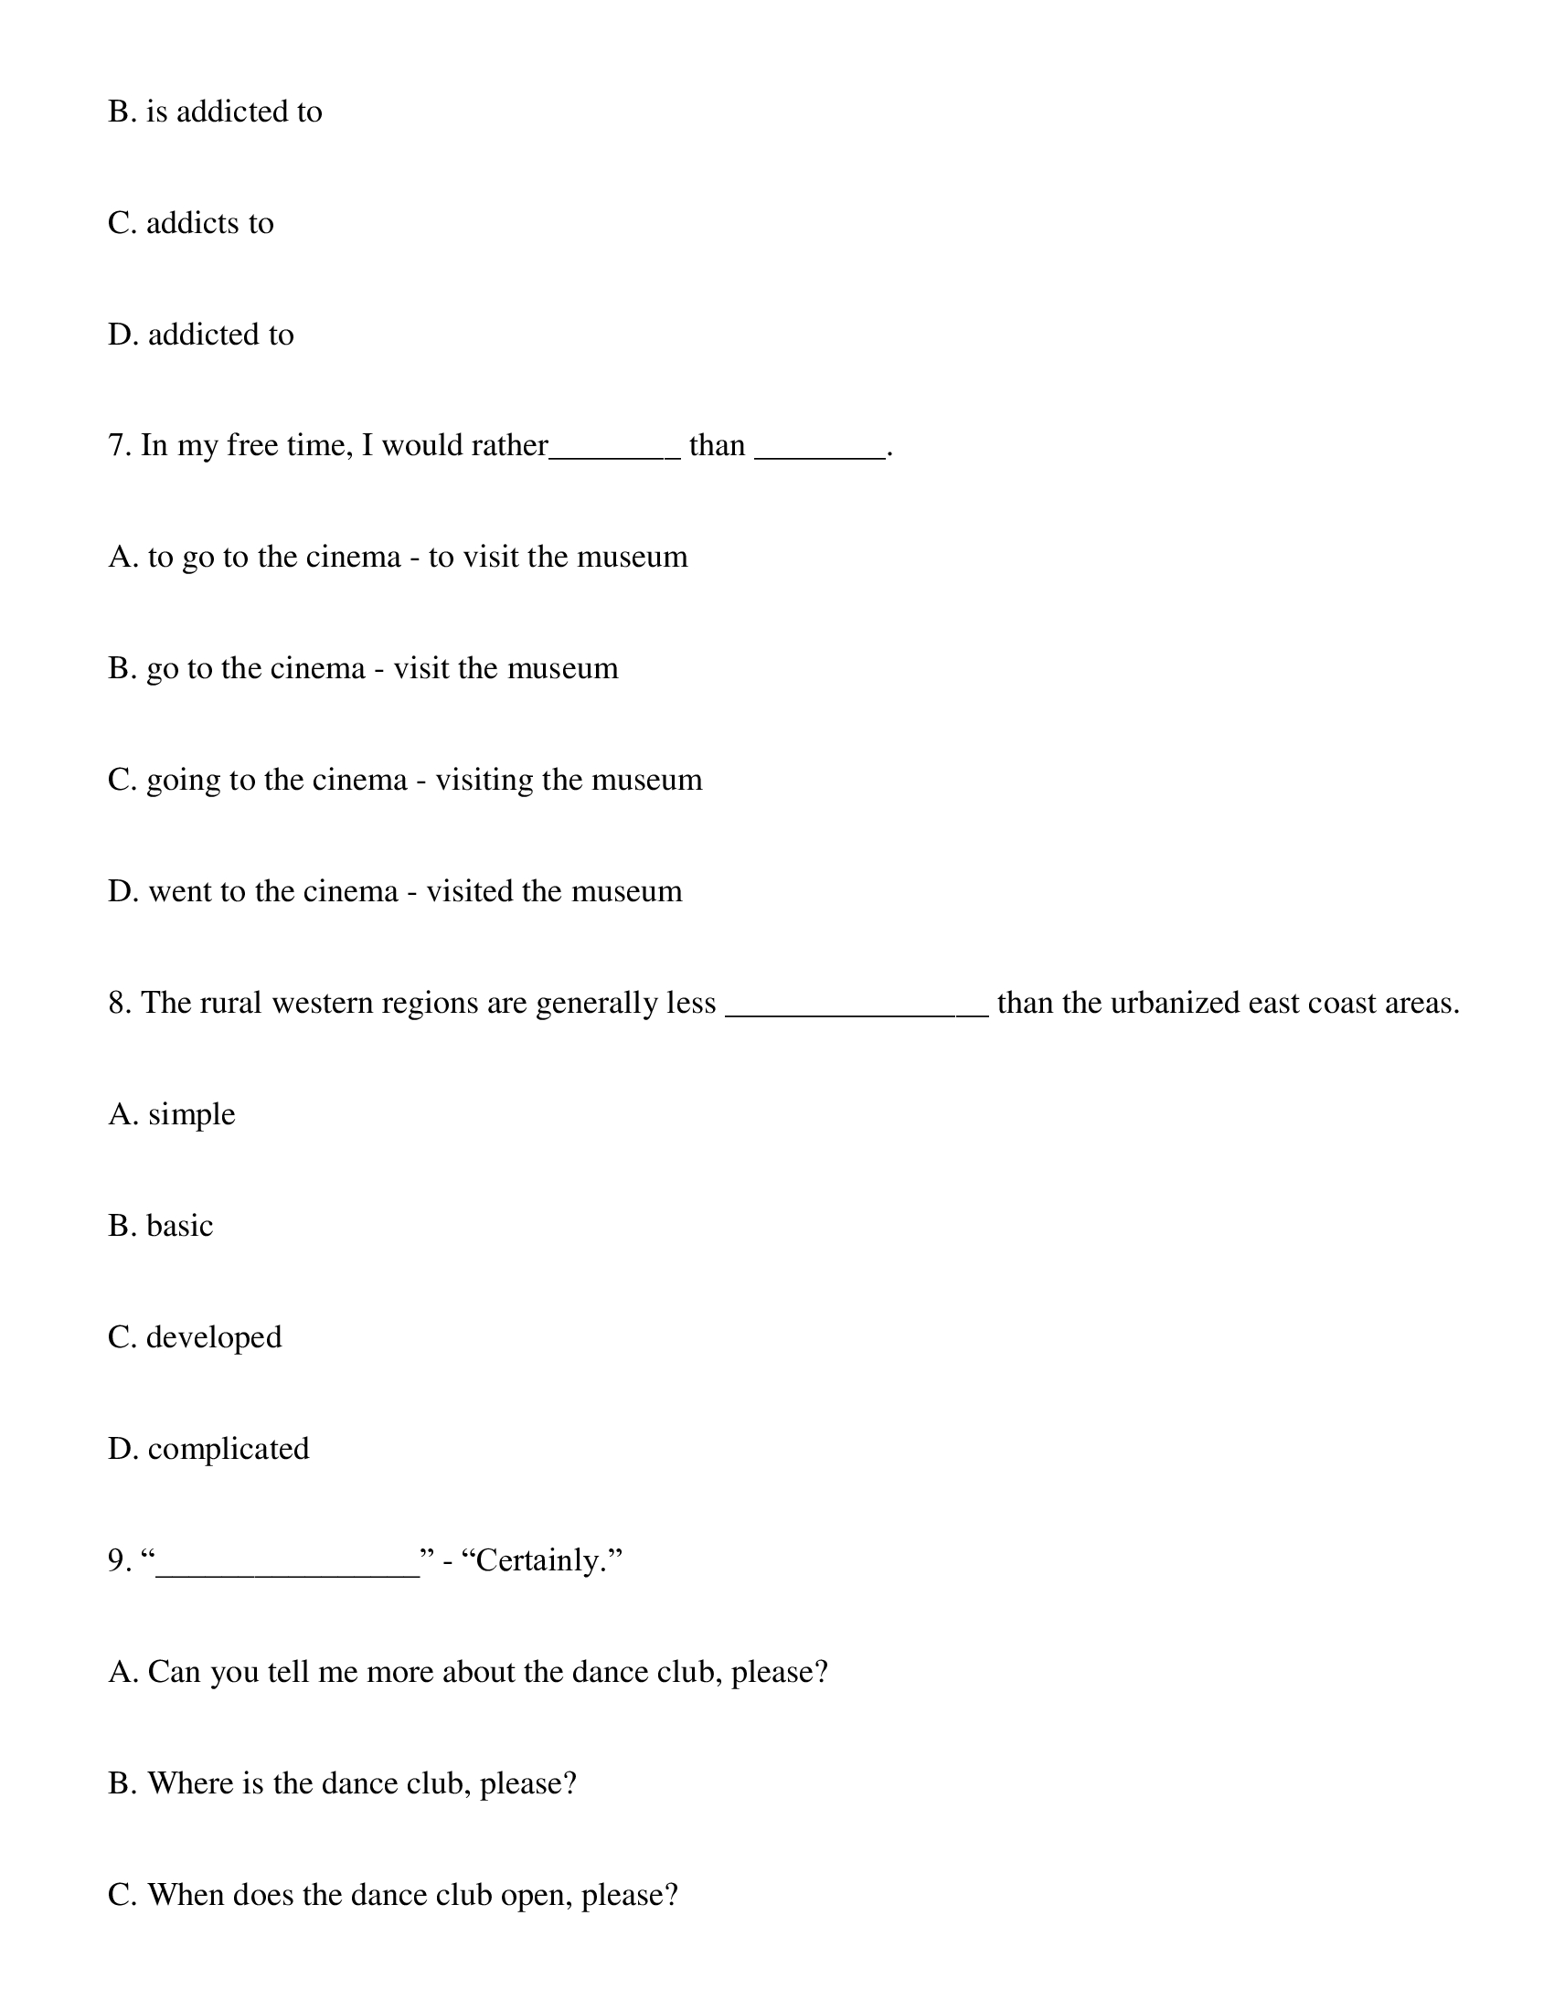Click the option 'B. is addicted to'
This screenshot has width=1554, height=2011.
(215, 112)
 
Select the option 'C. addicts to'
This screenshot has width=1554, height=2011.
(190, 223)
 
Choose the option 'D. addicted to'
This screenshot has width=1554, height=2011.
(201, 335)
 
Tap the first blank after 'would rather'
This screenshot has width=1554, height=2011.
(614, 452)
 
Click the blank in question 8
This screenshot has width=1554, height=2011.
(857, 1009)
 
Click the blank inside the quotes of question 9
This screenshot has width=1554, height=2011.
(287, 1566)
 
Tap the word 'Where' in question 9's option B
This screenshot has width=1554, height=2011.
(190, 1783)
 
